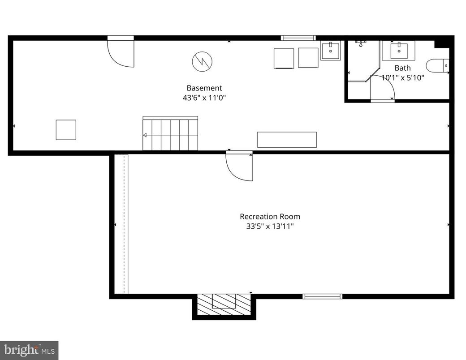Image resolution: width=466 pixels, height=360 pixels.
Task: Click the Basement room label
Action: click(x=204, y=88)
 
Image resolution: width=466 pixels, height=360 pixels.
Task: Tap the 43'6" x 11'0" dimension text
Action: click(x=204, y=98)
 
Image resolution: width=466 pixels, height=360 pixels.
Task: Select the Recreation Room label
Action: click(x=270, y=217)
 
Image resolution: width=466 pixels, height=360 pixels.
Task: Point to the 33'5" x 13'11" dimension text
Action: click(x=270, y=226)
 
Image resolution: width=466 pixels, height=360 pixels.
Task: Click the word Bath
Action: click(x=402, y=68)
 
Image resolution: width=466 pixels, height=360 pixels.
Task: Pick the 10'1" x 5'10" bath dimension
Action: click(x=402, y=77)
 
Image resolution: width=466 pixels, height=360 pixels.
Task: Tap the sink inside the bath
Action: click(x=398, y=50)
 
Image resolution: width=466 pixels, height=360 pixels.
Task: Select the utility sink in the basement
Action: click(x=331, y=50)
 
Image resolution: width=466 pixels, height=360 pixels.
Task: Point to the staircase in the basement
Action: click(x=170, y=134)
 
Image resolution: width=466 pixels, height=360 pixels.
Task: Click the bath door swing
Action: click(x=382, y=90)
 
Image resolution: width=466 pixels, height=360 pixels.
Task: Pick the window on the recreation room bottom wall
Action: click(x=322, y=296)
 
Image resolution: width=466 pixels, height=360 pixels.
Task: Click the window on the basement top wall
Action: click(x=298, y=38)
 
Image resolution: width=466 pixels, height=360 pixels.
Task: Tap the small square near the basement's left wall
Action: click(x=66, y=130)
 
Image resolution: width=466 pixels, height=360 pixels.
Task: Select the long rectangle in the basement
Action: click(x=287, y=140)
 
